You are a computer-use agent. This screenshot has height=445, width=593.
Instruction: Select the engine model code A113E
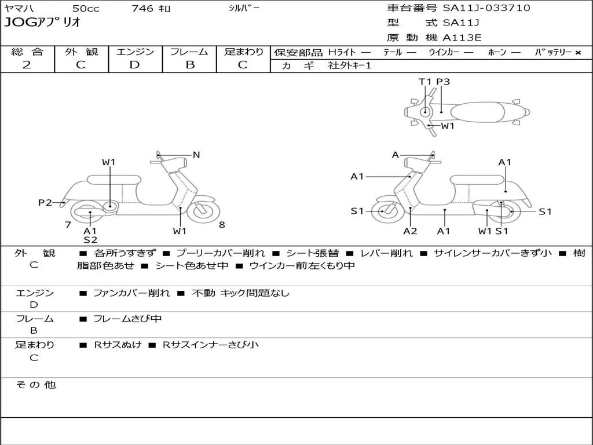462,38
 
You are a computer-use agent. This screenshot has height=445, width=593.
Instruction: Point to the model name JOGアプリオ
42,23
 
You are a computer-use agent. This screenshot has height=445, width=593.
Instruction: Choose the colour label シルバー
244,8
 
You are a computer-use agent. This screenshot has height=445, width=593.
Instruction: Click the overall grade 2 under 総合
27,65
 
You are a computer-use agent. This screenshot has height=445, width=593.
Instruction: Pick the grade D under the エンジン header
134,65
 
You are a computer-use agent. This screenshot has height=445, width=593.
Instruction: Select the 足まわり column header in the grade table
243,52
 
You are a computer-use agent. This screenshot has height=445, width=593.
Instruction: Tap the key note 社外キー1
350,65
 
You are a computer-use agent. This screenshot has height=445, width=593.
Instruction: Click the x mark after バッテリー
577,52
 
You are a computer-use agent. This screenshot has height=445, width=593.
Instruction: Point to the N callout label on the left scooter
196,155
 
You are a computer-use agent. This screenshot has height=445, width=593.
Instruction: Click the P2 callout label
45,202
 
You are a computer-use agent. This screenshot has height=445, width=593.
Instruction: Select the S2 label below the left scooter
90,239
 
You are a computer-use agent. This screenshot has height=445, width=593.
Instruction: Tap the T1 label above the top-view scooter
425,82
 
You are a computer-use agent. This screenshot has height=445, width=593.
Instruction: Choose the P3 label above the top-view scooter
443,82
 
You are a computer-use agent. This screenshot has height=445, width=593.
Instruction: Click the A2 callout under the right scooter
410,231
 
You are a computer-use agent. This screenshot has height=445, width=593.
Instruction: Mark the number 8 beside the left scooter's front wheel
222,225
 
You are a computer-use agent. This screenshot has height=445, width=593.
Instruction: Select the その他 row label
35,385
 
